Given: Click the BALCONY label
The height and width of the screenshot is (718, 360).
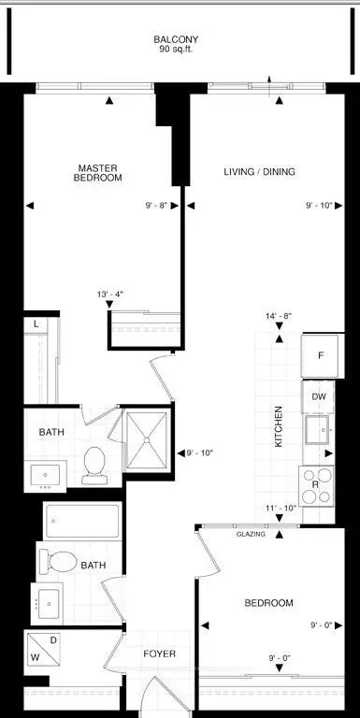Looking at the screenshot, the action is pyautogui.click(x=176, y=39).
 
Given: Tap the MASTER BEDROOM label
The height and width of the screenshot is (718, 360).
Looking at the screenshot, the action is pyautogui.click(x=97, y=173).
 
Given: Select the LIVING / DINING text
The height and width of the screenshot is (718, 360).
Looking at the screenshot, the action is pyautogui.click(x=259, y=172).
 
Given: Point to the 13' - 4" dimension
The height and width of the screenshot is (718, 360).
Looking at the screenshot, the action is pyautogui.click(x=109, y=294).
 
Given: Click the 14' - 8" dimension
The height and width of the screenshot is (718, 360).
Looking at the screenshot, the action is pyautogui.click(x=279, y=315).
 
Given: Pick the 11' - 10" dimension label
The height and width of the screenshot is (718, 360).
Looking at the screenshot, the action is pyautogui.click(x=281, y=508).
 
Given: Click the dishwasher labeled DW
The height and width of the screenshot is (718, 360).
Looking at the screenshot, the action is pyautogui.click(x=318, y=396).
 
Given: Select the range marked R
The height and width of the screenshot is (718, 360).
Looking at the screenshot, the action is pyautogui.click(x=316, y=485).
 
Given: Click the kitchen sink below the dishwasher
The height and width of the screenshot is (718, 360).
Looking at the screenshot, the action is pyautogui.click(x=317, y=429).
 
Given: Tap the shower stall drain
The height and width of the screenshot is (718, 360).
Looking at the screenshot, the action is pyautogui.click(x=147, y=440).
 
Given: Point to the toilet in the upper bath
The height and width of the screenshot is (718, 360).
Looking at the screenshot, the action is pyautogui.click(x=94, y=466).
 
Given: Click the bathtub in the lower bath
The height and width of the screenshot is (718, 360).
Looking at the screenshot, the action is pyautogui.click(x=83, y=521).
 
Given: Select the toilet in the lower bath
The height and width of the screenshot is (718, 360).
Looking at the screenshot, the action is pyautogui.click(x=58, y=561).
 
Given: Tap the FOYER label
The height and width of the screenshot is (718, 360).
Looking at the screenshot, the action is pyautogui.click(x=159, y=653).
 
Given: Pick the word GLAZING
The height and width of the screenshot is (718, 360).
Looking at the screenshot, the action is pyautogui.click(x=251, y=534).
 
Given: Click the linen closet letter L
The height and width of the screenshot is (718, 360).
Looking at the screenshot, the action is pyautogui.click(x=37, y=324).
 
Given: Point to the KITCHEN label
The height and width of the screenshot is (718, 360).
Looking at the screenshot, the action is pyautogui.click(x=278, y=426).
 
